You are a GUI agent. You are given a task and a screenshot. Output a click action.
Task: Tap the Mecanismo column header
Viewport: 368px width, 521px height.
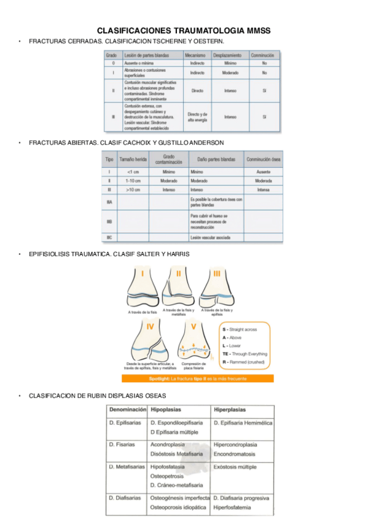[197, 55]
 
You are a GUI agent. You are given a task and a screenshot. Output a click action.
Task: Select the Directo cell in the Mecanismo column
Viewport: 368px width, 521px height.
[197, 90]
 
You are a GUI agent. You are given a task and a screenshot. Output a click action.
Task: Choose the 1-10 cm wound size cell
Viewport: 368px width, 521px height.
[133, 181]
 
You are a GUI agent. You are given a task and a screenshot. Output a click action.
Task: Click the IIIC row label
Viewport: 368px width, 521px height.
[109, 237]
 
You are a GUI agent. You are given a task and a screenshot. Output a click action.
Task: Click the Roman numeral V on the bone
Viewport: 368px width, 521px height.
[194, 326]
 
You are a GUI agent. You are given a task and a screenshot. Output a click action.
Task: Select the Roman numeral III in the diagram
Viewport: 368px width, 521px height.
[217, 273]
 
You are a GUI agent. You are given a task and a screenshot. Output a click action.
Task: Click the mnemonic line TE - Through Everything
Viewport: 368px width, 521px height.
[245, 354]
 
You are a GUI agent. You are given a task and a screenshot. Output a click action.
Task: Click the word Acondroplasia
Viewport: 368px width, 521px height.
[168, 444]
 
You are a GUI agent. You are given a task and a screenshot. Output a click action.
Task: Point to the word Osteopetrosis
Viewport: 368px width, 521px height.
[168, 476]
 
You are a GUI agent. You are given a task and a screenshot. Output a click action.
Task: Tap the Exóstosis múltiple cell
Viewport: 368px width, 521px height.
[235, 467]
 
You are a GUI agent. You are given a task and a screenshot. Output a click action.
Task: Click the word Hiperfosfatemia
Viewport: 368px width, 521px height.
[233, 507]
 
